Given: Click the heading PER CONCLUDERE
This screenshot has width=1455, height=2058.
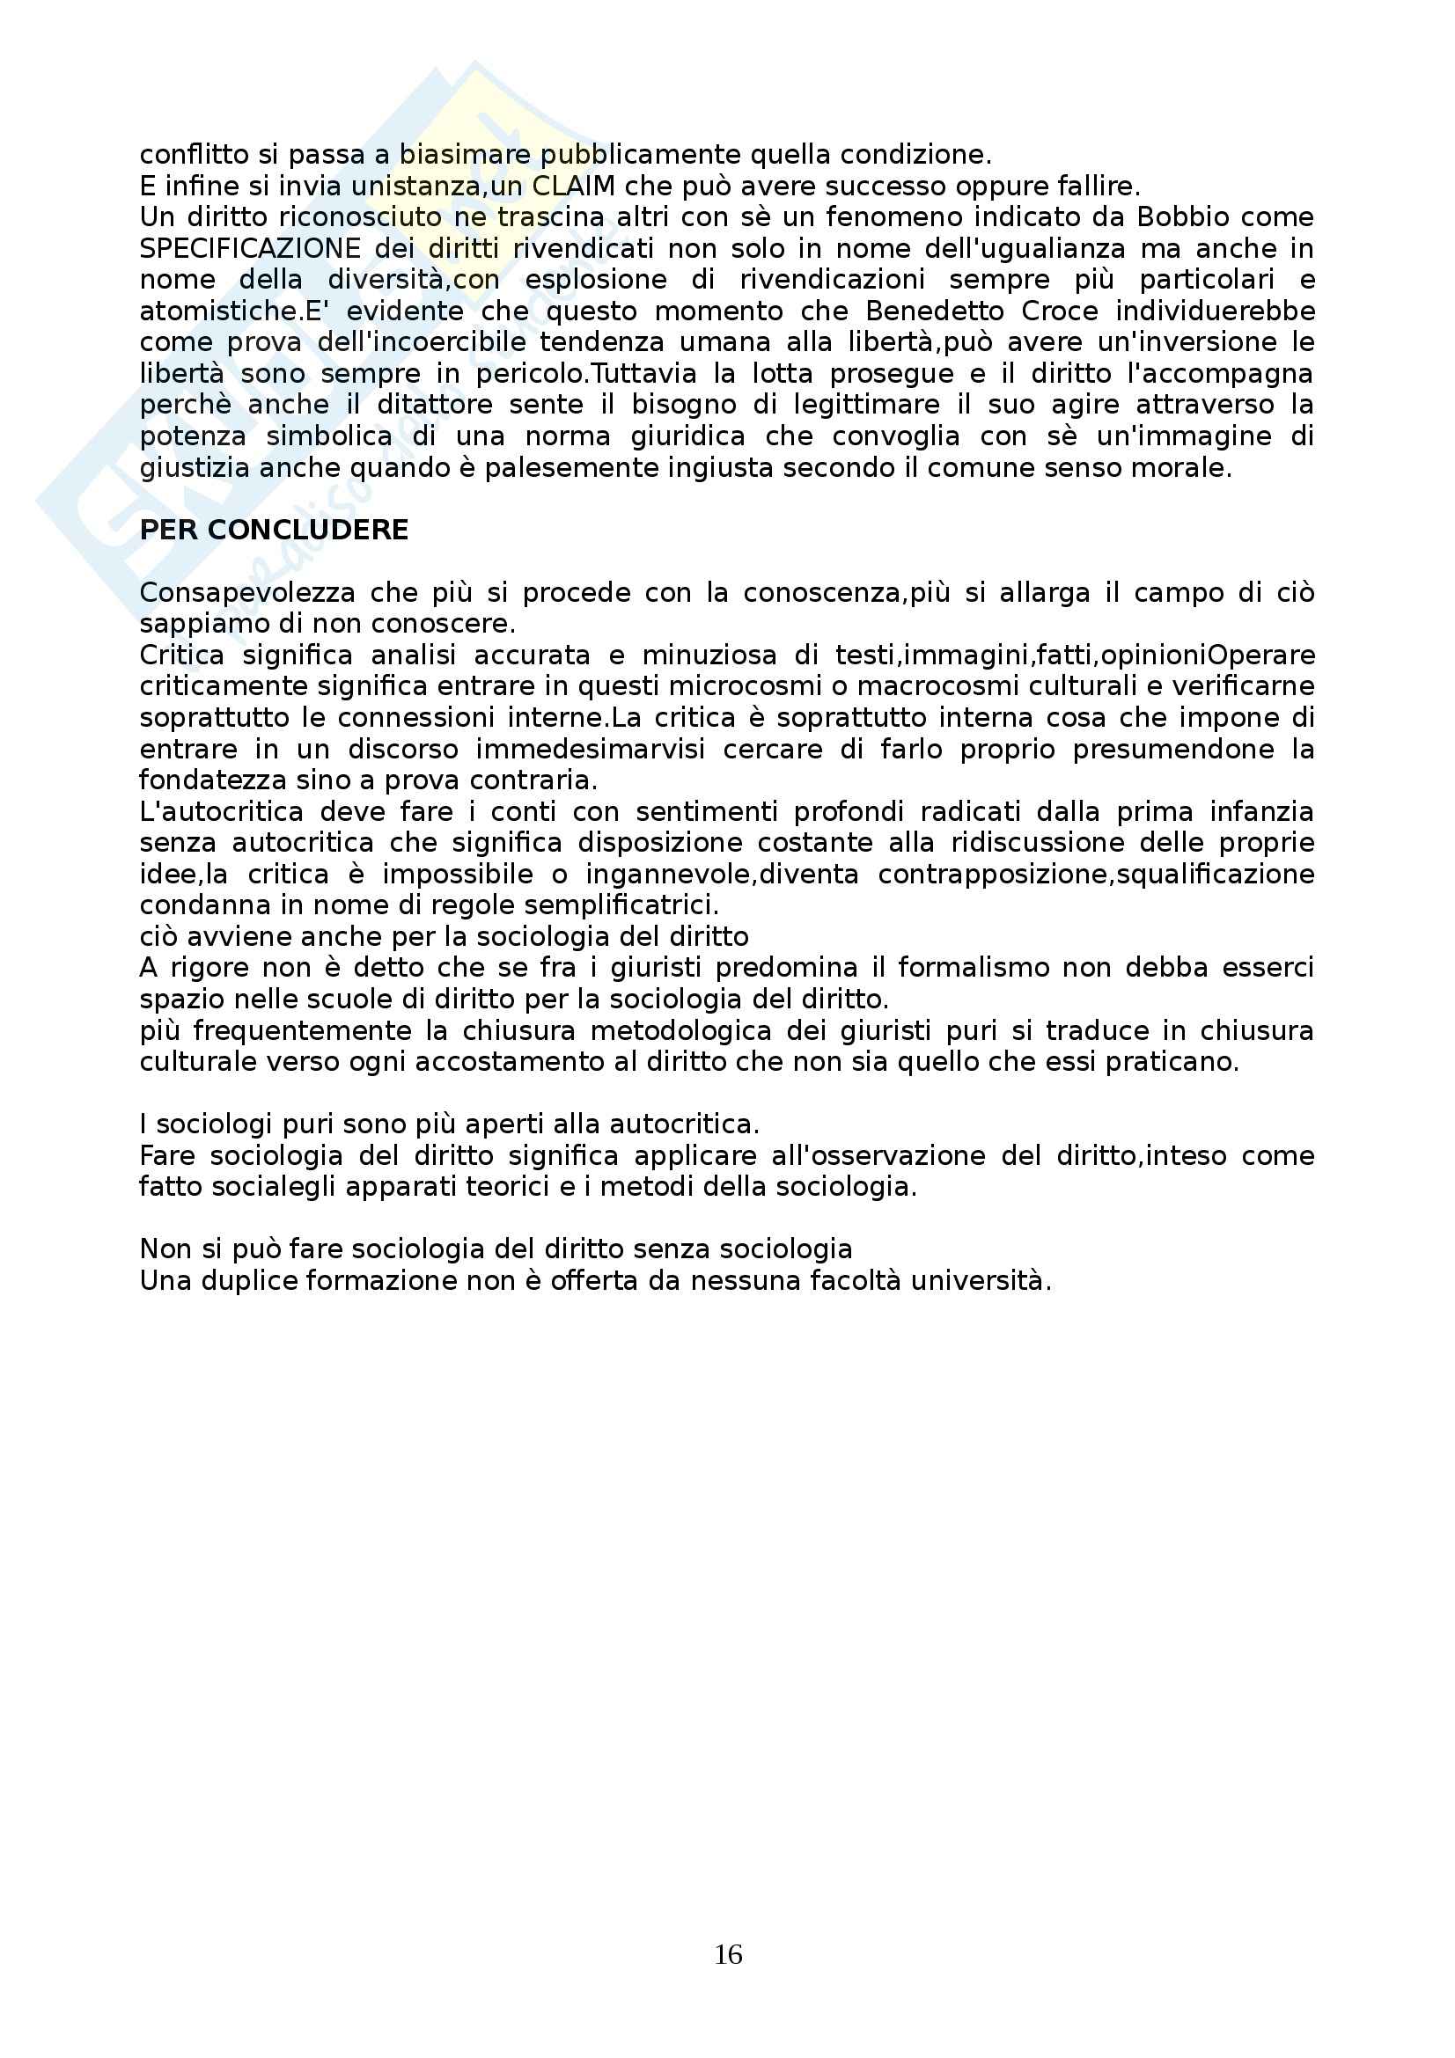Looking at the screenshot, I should click(x=274, y=530).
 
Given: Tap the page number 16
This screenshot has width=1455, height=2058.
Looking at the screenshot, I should click(x=728, y=1954).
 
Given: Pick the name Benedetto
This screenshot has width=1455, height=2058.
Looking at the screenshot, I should click(x=933, y=311).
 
